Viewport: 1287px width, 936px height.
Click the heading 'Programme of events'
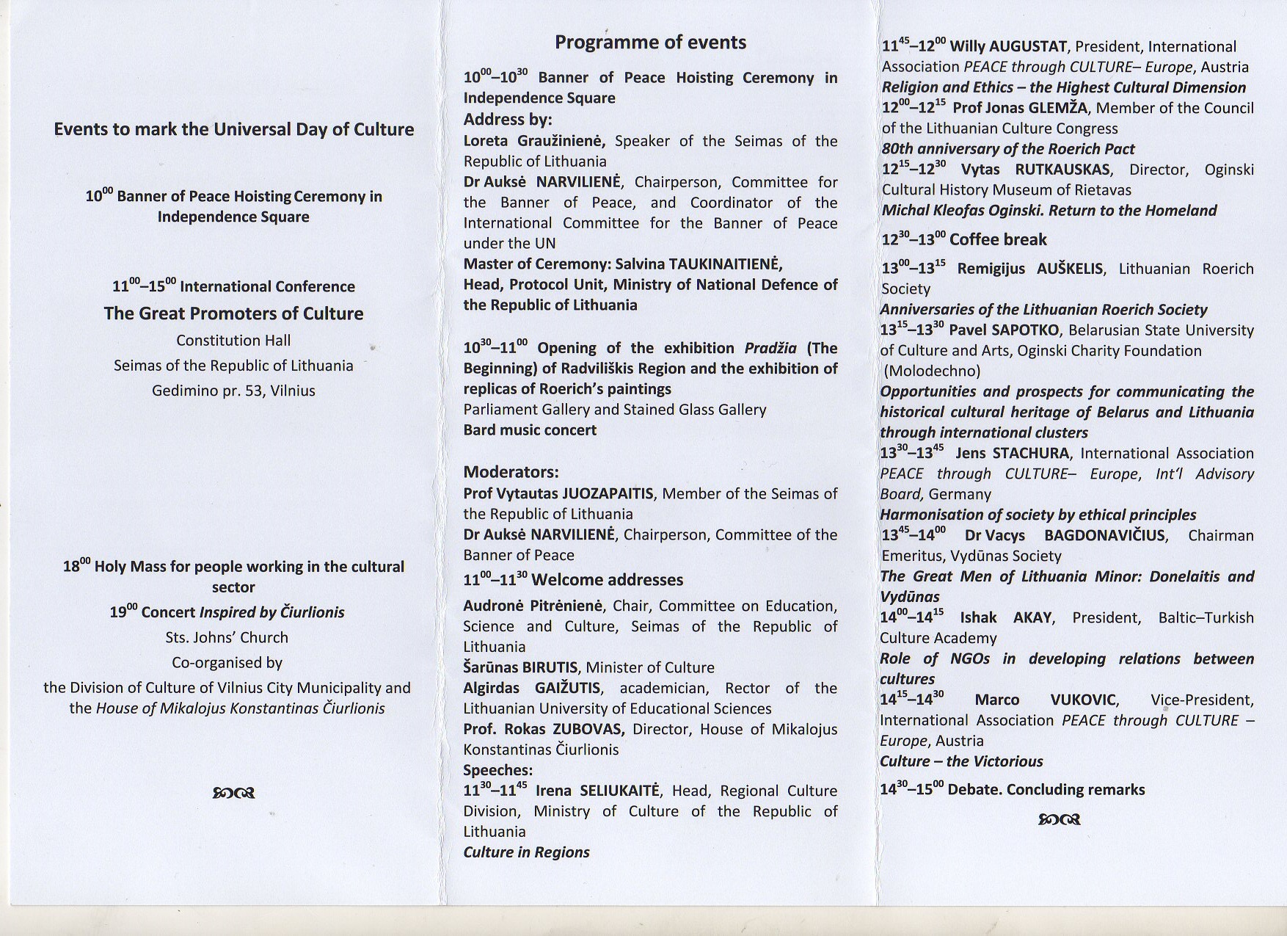[x=650, y=43]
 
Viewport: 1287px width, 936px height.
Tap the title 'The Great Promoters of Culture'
[x=233, y=313]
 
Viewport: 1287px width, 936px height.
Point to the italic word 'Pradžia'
[x=770, y=348]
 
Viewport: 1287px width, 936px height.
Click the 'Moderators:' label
[x=511, y=472]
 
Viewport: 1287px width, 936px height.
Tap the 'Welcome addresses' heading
[x=607, y=580]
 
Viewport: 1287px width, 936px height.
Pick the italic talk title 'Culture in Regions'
[x=526, y=852]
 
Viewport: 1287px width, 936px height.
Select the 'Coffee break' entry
[x=998, y=240]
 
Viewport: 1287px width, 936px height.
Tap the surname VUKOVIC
[x=1083, y=700]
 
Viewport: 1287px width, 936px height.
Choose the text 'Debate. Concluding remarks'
[x=1046, y=790]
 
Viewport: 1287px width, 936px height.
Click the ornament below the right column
[x=1059, y=819]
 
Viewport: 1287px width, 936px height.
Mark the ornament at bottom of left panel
[x=233, y=793]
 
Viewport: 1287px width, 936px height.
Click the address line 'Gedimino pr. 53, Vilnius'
[x=233, y=391]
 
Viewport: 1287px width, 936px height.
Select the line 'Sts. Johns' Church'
[x=227, y=638]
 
